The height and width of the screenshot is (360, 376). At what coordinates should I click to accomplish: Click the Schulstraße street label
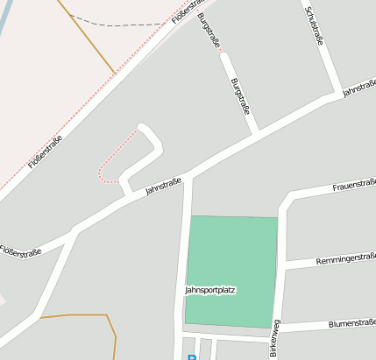coord(313,26)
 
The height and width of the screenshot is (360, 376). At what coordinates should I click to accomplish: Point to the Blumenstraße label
coord(351,322)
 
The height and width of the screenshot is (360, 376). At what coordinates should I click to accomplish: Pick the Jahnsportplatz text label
coord(210,290)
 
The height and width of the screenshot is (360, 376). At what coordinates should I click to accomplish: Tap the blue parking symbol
coord(191,356)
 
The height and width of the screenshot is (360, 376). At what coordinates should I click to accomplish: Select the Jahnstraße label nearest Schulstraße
coord(358,87)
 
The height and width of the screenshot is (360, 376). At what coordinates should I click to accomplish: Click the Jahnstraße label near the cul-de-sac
coord(163,187)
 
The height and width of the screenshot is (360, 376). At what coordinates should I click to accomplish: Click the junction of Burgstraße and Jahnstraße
coord(255,135)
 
